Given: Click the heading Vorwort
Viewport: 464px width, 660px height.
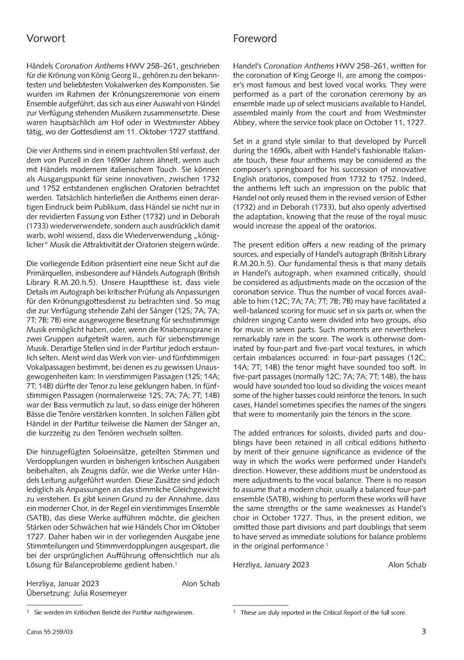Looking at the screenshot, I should pos(46,39).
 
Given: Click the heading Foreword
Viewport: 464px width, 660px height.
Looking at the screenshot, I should pos(255,39).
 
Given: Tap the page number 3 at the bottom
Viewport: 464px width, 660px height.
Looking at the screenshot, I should pos(424,631).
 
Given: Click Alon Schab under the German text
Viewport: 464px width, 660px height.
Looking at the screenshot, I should pos(201,584).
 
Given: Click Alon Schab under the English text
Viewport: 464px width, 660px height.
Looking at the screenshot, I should pos(407,565).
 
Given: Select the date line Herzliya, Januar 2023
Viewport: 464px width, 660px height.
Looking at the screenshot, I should pos(63,584).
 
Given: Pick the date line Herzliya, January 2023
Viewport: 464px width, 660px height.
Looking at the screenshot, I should pos(271,565).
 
